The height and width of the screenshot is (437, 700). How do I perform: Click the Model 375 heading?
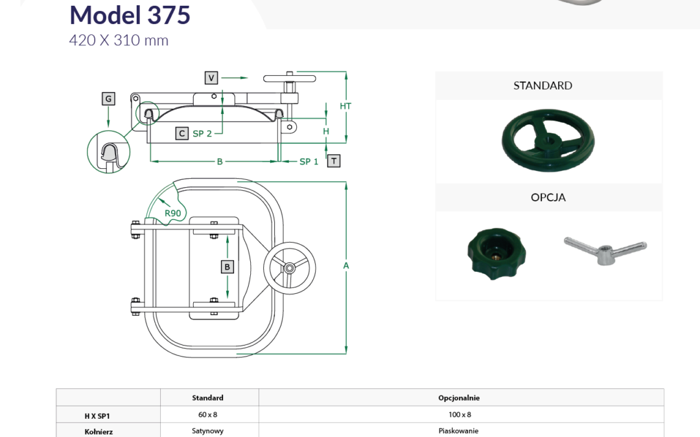click(x=130, y=15)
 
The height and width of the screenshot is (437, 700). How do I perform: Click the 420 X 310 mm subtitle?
click(x=119, y=41)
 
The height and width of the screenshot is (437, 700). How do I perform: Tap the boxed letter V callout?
click(x=211, y=78)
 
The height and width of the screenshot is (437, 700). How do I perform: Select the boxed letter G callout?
click(x=108, y=98)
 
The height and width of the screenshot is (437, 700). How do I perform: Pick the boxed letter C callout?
click(x=181, y=133)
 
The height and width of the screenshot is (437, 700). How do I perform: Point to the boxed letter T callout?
click(x=334, y=161)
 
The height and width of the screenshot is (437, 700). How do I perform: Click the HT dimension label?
click(x=345, y=106)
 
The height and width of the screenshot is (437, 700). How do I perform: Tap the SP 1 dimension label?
click(x=309, y=161)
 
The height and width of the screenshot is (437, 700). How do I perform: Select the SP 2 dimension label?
click(x=202, y=133)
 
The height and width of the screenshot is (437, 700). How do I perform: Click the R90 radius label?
click(x=173, y=213)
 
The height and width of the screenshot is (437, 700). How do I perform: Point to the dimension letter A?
click(x=346, y=266)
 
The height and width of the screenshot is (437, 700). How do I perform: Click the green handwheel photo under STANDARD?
click(x=548, y=140)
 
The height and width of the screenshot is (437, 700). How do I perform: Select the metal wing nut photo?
click(x=605, y=250)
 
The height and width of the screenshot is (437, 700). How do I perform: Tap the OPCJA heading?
click(x=548, y=197)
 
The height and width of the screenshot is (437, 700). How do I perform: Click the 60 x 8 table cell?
click(x=207, y=415)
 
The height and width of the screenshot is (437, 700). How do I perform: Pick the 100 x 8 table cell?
click(x=460, y=415)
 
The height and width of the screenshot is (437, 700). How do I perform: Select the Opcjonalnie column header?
click(x=459, y=398)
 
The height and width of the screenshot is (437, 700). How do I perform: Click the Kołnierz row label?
click(x=99, y=432)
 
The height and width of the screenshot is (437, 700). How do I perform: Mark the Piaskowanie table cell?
click(x=458, y=431)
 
